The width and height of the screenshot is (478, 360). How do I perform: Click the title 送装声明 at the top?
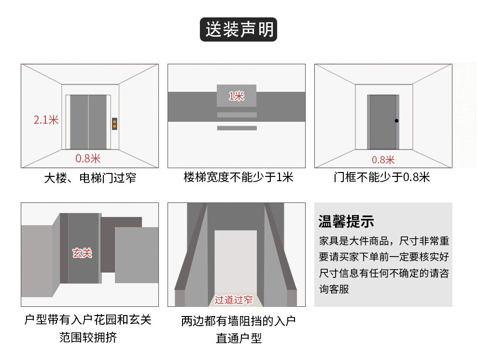(239, 29)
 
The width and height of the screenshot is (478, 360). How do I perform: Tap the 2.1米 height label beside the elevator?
(46, 120)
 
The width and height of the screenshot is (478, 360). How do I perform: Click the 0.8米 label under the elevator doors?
(87, 158)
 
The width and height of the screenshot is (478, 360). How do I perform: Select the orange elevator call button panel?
(114, 124)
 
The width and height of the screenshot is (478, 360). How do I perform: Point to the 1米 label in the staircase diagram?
(236, 96)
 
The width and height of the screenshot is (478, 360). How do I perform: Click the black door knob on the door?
(396, 120)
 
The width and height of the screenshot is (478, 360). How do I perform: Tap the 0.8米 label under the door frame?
(383, 159)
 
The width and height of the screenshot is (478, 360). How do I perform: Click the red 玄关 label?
(82, 252)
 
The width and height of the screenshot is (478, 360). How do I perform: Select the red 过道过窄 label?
(234, 300)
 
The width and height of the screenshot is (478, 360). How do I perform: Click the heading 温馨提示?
(346, 222)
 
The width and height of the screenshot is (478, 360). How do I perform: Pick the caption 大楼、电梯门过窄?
(90, 178)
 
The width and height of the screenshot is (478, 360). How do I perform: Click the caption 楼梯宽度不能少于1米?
(238, 177)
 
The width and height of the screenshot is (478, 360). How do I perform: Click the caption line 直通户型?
(239, 338)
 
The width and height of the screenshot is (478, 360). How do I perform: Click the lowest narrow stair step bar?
(236, 128)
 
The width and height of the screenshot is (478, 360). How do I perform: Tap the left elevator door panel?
(79, 122)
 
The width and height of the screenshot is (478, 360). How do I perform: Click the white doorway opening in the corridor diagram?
(236, 261)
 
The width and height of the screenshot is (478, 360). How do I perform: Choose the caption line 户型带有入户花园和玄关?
(88, 320)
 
